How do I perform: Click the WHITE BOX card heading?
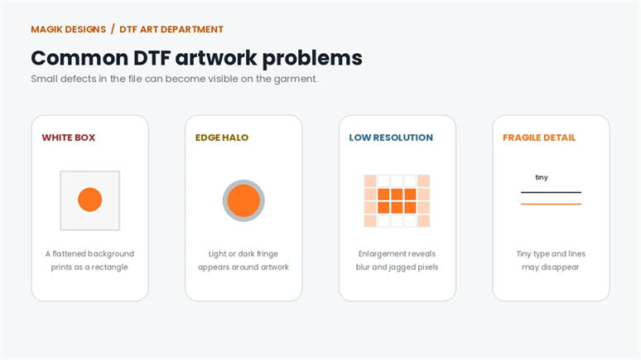pyautogui.click(x=68, y=137)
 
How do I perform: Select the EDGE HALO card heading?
pyautogui.click(x=222, y=137)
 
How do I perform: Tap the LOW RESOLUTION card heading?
pyautogui.click(x=391, y=137)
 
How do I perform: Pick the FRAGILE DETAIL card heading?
pyautogui.click(x=539, y=137)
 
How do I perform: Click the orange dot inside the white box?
pyautogui.click(x=90, y=199)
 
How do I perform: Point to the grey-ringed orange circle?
pyautogui.click(x=243, y=200)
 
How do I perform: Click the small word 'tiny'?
pyautogui.click(x=542, y=177)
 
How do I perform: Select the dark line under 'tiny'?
pyautogui.click(x=551, y=192)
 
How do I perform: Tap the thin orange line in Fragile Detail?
pyautogui.click(x=551, y=204)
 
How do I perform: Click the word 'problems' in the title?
pyautogui.click(x=312, y=59)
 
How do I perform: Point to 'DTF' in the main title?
pyautogui.click(x=152, y=58)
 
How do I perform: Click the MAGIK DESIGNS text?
pyautogui.click(x=68, y=30)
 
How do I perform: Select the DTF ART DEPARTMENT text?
pyautogui.click(x=171, y=30)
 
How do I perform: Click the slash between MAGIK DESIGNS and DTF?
pyautogui.click(x=113, y=30)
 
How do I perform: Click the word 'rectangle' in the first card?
pyautogui.click(x=109, y=267)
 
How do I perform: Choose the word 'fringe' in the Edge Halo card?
pyautogui.click(x=267, y=254)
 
